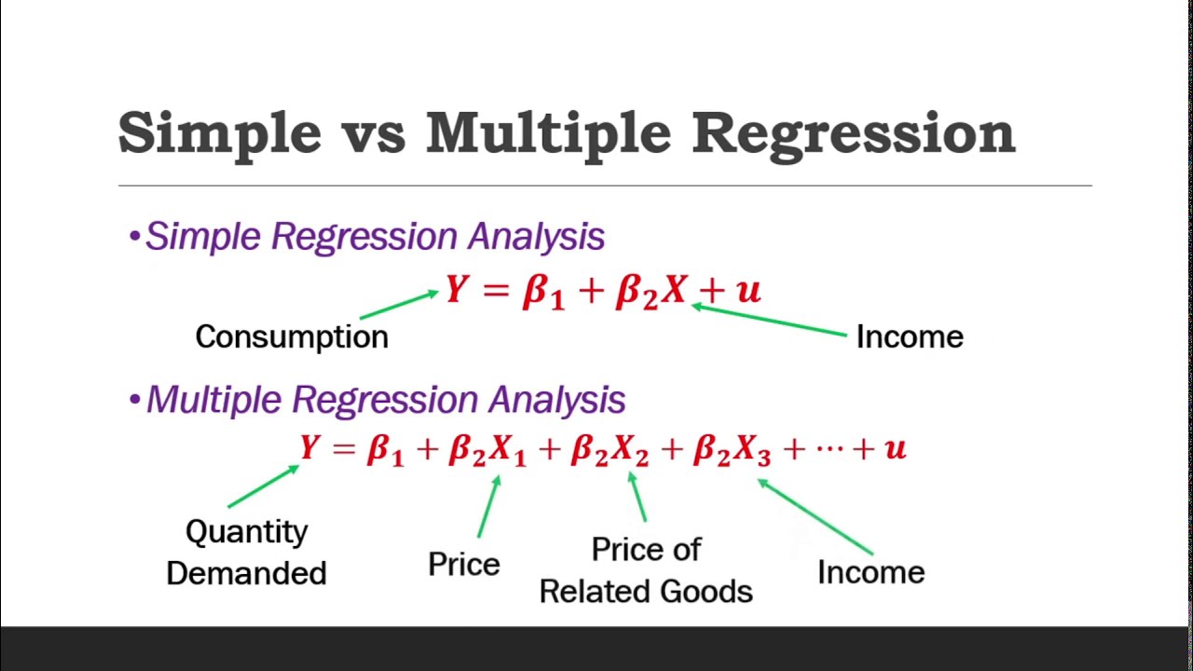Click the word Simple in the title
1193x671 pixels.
(x=219, y=133)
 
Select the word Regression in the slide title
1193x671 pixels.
(x=853, y=133)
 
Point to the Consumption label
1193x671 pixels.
(x=292, y=336)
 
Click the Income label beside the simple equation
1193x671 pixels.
(x=910, y=336)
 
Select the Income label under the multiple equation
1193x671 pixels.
(x=871, y=571)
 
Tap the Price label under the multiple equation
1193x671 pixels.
(x=463, y=564)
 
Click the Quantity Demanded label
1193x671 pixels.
(x=246, y=552)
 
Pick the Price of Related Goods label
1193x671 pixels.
(x=646, y=570)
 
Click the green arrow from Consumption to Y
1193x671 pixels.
(x=398, y=305)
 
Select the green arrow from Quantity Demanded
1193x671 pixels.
(x=263, y=486)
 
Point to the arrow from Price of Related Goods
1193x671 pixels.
(x=638, y=497)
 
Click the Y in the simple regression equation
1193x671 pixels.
(x=456, y=290)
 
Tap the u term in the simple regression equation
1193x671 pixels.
(x=748, y=291)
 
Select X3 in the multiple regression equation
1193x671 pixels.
(x=752, y=451)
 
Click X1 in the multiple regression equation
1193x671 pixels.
(x=508, y=451)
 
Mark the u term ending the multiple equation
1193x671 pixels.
(x=895, y=449)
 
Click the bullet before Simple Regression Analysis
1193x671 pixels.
(x=135, y=238)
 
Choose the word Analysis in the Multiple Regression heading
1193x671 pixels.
(x=556, y=400)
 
